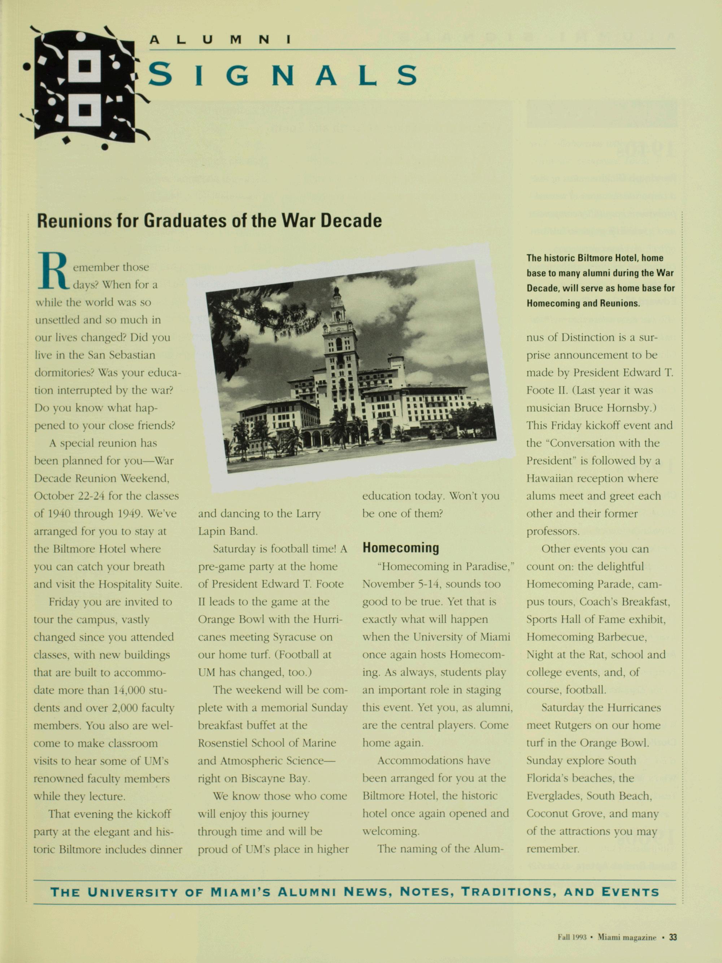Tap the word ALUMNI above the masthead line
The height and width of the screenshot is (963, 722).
(220, 40)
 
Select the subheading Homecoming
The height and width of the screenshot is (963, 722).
(400, 548)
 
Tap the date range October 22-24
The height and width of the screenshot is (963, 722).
(70, 496)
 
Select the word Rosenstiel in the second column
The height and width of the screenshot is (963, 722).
(222, 743)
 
